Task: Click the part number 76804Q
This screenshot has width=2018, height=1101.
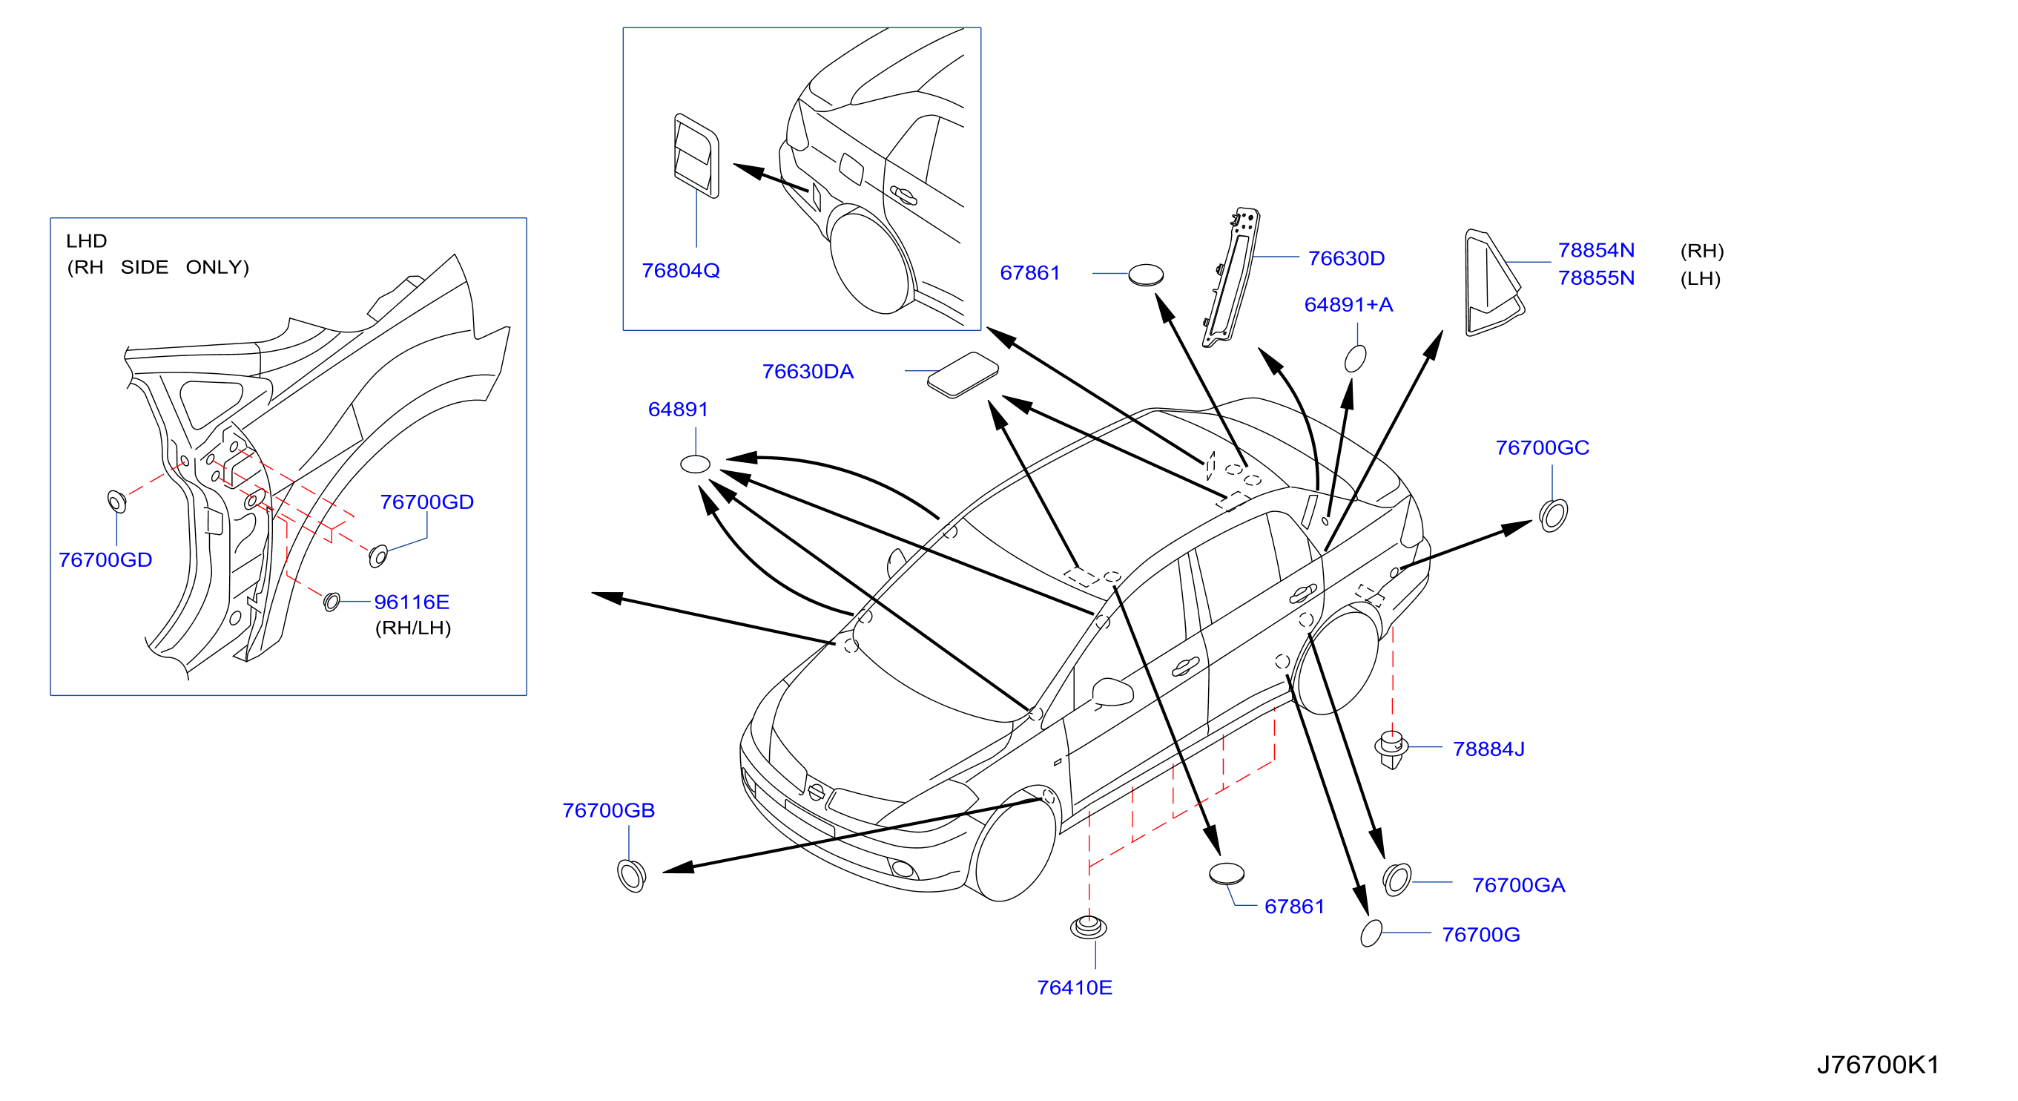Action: point(680,270)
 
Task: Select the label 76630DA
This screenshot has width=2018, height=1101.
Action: point(808,372)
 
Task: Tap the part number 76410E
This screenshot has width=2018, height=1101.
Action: point(1074,987)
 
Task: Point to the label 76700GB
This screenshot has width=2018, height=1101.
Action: point(609,810)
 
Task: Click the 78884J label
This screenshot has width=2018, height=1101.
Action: point(1488,749)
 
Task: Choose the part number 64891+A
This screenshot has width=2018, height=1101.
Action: point(1348,305)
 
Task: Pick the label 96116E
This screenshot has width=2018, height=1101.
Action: point(412,602)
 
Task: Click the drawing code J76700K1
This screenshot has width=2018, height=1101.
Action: point(1878,1064)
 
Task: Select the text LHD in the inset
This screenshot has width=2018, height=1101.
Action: point(86,240)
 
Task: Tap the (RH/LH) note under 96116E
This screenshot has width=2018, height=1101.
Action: point(413,628)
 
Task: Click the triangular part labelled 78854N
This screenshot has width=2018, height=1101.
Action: point(1493,283)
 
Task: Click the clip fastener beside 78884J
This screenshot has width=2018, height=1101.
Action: point(1391,750)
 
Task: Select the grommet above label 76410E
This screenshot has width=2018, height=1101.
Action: point(1088,927)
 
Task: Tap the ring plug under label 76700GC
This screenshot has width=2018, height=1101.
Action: point(1553,515)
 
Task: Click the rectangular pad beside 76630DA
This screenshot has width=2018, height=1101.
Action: point(963,375)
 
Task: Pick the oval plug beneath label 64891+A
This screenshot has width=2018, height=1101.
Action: point(1355,358)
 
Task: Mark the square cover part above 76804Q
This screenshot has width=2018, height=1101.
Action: point(696,155)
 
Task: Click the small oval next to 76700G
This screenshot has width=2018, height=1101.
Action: point(1371,933)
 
